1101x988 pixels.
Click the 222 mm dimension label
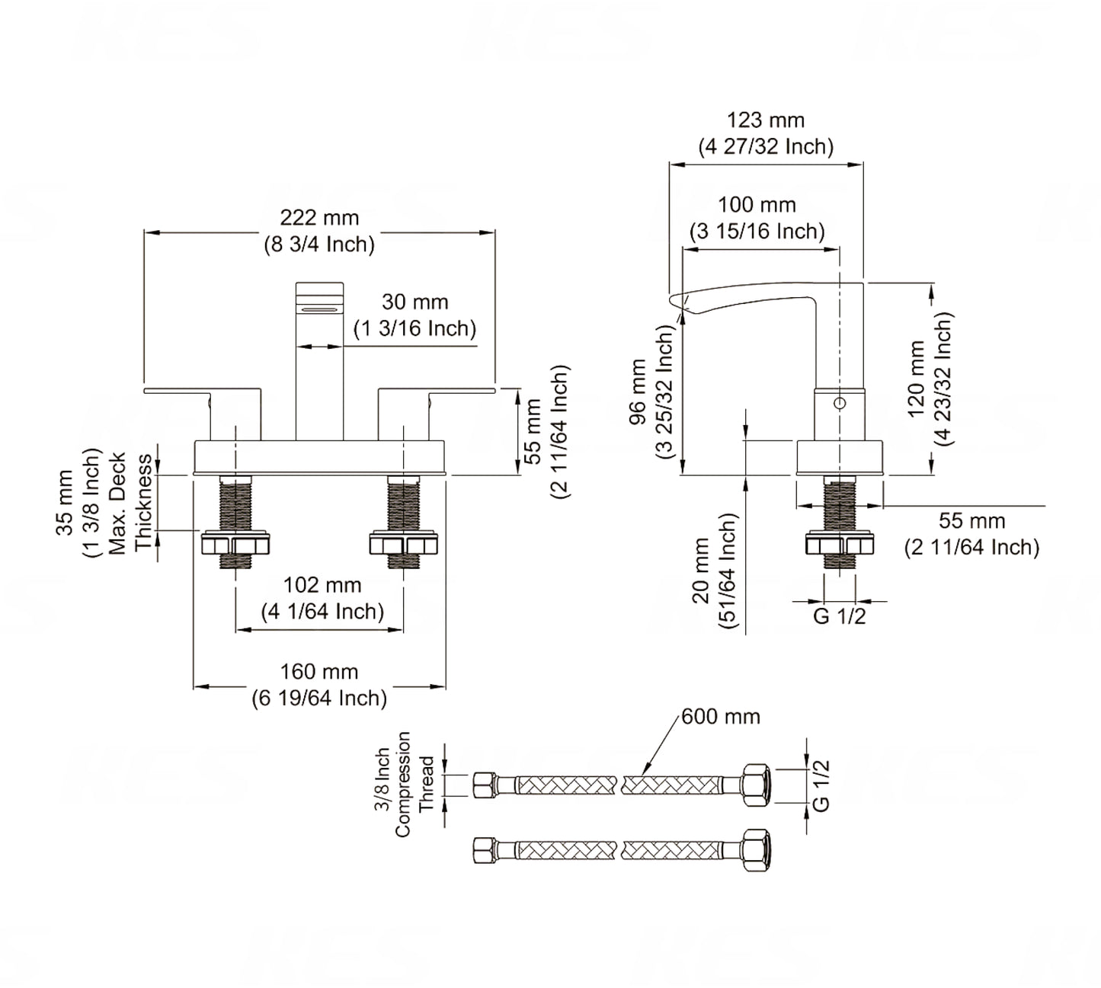click(x=319, y=219)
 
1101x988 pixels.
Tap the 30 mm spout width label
click(x=414, y=302)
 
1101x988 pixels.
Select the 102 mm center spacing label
click(x=322, y=586)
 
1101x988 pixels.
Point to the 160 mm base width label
click(x=319, y=673)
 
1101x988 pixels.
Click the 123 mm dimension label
click(x=766, y=121)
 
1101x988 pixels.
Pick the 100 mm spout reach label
click(x=757, y=206)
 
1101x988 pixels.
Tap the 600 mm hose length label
click(x=721, y=717)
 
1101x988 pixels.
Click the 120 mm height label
click(x=917, y=379)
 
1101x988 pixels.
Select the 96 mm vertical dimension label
click(x=639, y=392)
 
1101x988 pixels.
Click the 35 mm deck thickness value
click(x=65, y=503)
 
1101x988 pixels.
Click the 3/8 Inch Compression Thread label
click(x=403, y=785)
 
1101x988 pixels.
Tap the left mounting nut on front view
click(x=235, y=544)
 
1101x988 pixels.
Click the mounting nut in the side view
click(x=840, y=544)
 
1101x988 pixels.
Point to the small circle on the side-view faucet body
click(x=840, y=402)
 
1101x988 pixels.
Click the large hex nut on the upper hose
click(x=755, y=784)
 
